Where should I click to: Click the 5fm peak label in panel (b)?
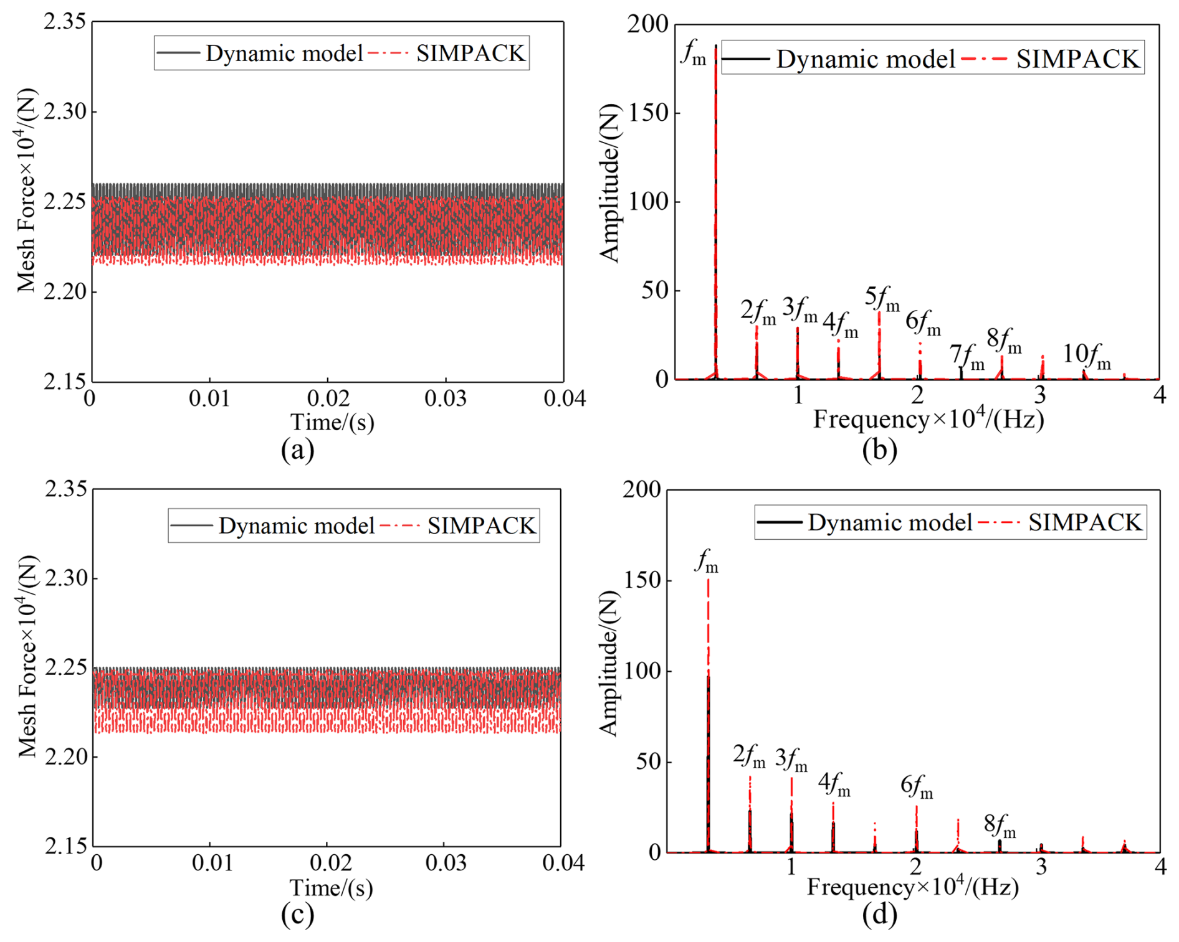tap(882, 299)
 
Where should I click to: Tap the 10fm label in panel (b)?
tap(1086, 356)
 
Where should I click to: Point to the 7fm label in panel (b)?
tap(967, 357)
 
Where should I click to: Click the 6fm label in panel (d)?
tap(916, 787)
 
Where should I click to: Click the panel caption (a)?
tap(297, 449)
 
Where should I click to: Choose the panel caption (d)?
tap(879, 913)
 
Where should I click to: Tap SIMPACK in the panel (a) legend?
tap(470, 54)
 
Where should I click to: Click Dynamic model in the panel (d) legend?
tap(890, 522)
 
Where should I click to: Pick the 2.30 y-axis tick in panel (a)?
tap(64, 112)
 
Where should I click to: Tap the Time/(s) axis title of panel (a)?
tap(332, 422)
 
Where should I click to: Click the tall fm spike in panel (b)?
tap(715, 187)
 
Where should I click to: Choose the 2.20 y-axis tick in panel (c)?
tap(65, 757)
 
